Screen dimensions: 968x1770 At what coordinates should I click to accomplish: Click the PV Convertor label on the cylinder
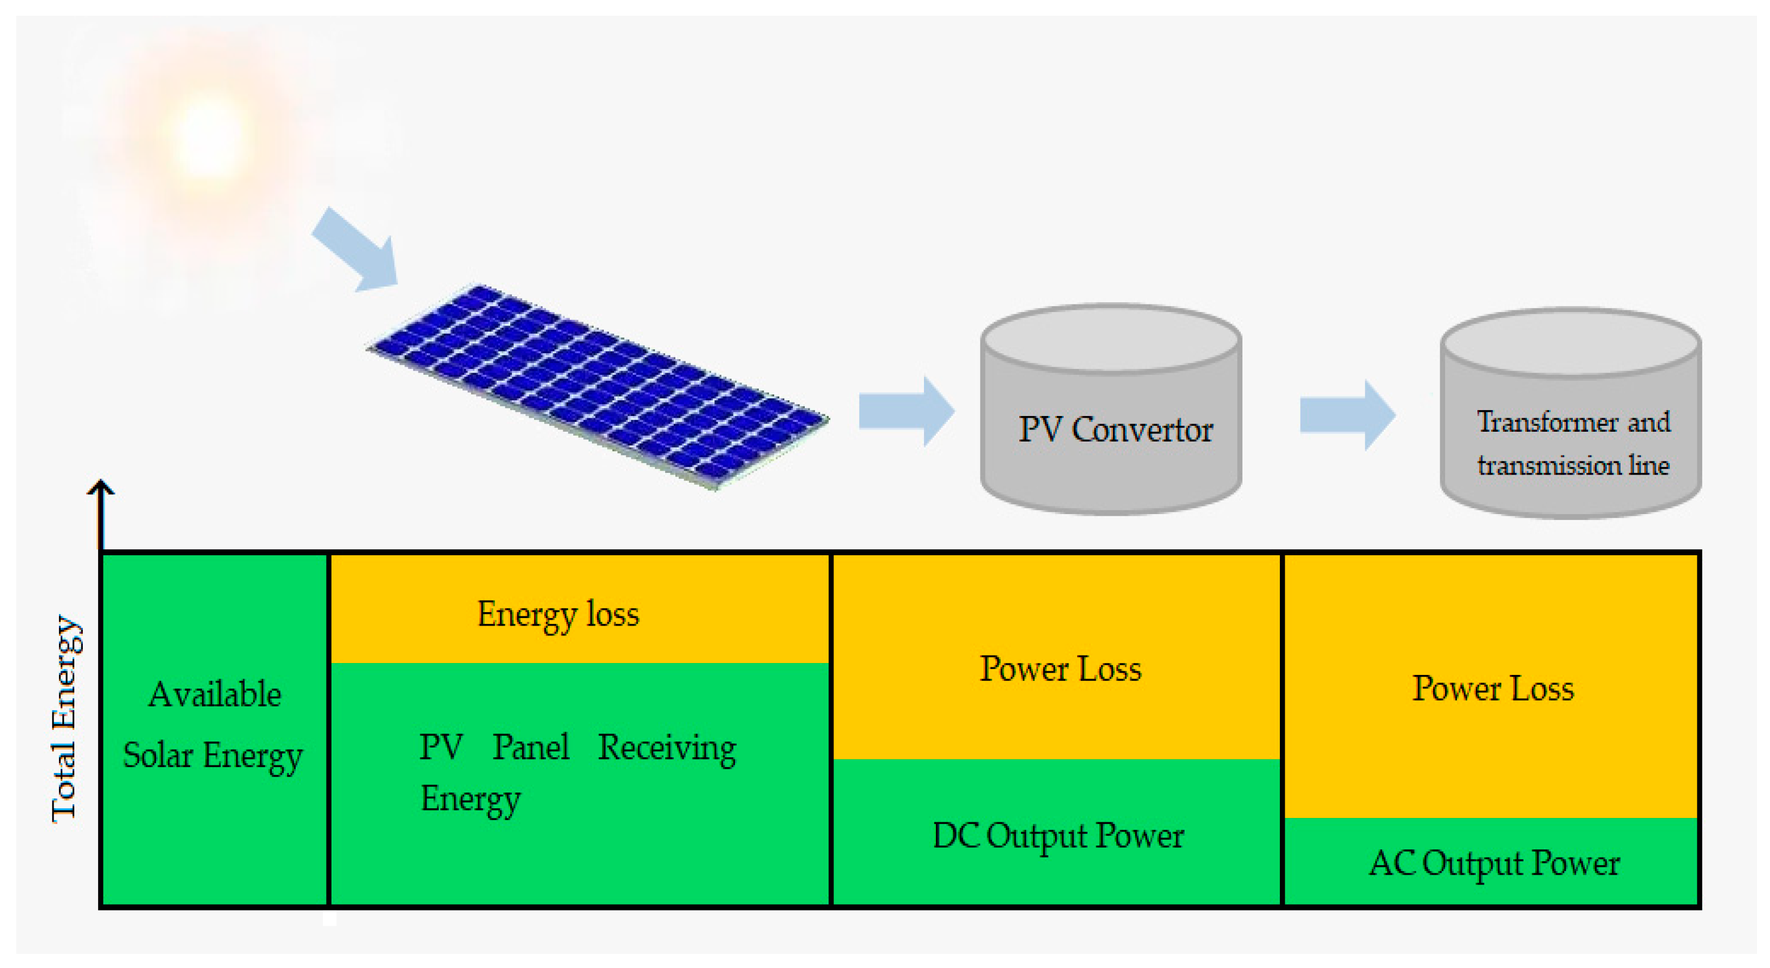[1115, 430]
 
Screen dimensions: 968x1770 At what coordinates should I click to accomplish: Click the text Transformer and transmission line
[1573, 444]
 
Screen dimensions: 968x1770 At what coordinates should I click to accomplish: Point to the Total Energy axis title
[66, 718]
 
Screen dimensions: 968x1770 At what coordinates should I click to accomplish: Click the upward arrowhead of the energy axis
[101, 487]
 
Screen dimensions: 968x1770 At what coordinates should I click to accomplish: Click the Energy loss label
[558, 614]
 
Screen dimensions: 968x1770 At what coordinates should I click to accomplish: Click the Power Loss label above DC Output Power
[1060, 668]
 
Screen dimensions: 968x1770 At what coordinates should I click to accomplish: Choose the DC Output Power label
[1058, 836]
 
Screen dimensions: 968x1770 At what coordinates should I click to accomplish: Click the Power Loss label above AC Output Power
[1492, 688]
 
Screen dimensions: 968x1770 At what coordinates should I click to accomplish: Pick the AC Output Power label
[1494, 863]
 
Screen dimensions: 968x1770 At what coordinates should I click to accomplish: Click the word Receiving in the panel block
[667, 748]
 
